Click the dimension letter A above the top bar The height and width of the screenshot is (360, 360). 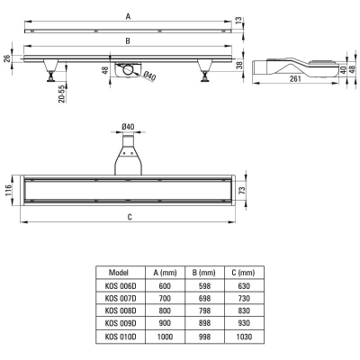click(128, 17)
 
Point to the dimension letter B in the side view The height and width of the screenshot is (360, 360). click(128, 41)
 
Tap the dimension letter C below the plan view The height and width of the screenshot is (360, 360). click(130, 217)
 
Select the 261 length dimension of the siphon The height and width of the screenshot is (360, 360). click(295, 79)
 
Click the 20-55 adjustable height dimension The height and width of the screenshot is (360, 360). click(62, 94)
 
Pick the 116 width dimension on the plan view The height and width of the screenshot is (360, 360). click(8, 191)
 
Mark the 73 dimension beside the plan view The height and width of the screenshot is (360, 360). click(242, 190)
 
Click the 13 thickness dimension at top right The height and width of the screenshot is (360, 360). click(238, 20)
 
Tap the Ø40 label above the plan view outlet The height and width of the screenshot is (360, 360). click(128, 127)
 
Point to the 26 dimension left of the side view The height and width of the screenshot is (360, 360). click(8, 58)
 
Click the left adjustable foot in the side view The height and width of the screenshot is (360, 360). click(50, 70)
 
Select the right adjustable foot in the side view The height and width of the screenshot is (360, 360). click(205, 70)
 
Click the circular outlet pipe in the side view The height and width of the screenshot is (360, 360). click(129, 70)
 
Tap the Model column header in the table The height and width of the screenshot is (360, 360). click(119, 273)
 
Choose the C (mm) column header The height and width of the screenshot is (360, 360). click(243, 273)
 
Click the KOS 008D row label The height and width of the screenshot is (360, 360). click(121, 310)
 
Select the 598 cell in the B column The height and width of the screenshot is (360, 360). click(204, 286)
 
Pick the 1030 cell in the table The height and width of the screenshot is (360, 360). click(244, 337)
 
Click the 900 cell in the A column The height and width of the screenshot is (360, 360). click(165, 323)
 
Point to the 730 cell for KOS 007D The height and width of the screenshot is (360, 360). click(244, 298)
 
